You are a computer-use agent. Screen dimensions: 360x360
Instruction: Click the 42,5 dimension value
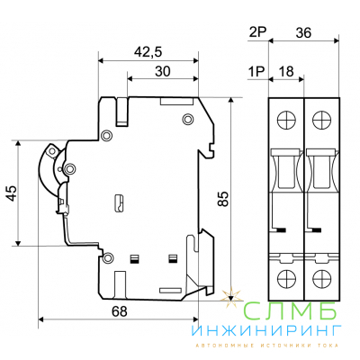(148, 52)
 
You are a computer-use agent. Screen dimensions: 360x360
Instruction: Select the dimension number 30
(163, 71)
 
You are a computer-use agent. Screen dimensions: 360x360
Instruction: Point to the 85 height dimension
(223, 198)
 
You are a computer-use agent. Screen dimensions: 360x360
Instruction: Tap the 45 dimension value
(12, 193)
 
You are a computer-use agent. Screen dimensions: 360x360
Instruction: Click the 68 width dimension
(120, 311)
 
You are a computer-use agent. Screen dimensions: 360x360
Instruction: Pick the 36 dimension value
(303, 32)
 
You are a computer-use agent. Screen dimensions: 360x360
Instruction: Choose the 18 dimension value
(286, 72)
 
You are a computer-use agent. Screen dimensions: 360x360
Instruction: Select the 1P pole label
(256, 72)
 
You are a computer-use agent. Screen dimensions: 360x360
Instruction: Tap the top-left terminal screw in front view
(286, 121)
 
